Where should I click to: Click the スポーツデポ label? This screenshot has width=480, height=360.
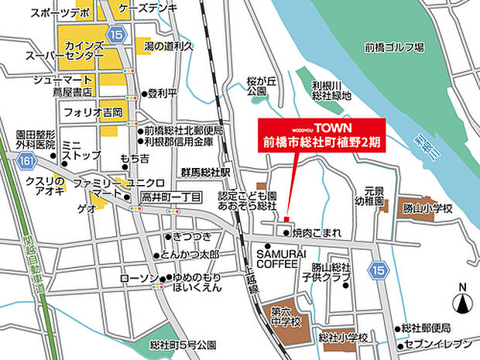click(58, 14)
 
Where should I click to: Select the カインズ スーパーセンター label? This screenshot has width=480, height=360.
click(75, 51)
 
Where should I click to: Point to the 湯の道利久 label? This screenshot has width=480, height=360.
click(169, 47)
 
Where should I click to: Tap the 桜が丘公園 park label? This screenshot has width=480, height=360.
click(256, 86)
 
